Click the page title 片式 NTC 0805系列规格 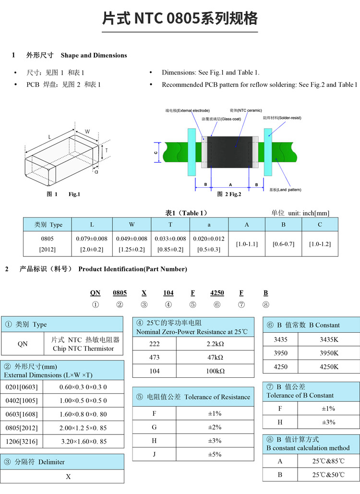click(180, 19)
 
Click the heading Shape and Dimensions click(94, 55)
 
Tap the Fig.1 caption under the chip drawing click(74, 194)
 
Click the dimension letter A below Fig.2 click(230, 184)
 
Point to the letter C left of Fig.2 click(156, 152)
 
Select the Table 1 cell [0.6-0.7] click(283, 244)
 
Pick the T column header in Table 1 click(170, 225)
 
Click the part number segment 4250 click(217, 293)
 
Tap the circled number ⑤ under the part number click(192, 304)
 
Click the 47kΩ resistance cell click(215, 358)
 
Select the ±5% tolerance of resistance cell click(215, 454)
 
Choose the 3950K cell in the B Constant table click(329, 353)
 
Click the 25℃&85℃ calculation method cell click(329, 461)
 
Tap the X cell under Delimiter click(68, 476)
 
